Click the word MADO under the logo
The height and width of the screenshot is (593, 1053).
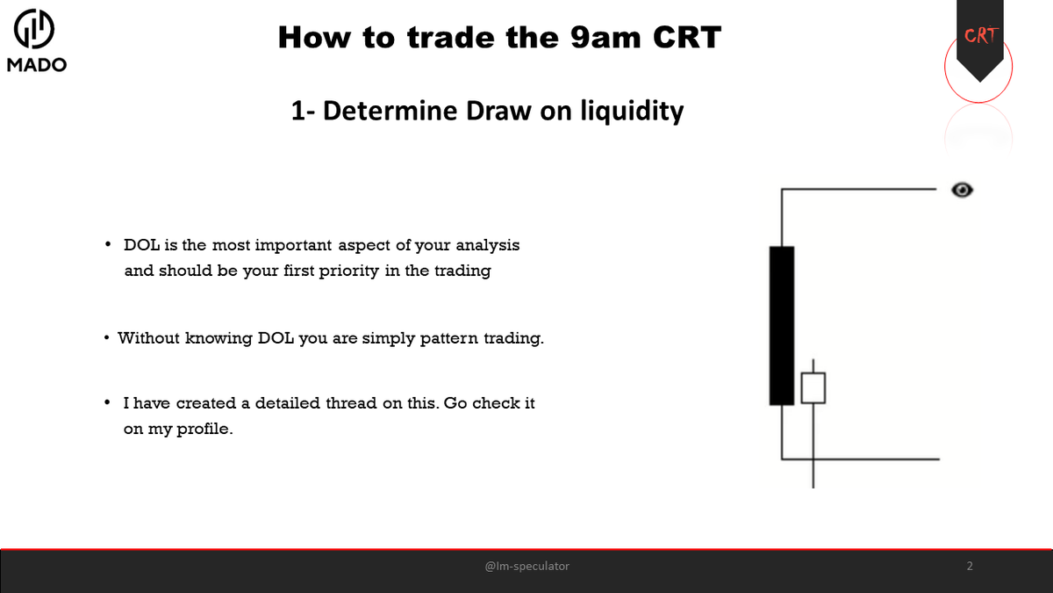click(x=36, y=65)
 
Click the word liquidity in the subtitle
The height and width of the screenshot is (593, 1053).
click(x=631, y=112)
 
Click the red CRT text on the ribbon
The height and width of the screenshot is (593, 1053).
click(x=979, y=36)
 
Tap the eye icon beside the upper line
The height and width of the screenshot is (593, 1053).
click(x=963, y=189)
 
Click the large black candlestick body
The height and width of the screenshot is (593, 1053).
click(x=781, y=325)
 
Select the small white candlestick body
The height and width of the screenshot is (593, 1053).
click(x=814, y=388)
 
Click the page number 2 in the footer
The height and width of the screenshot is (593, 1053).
click(x=970, y=567)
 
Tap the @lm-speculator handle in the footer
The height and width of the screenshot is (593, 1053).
click(x=526, y=567)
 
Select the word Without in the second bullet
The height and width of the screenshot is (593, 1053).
click(x=148, y=337)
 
